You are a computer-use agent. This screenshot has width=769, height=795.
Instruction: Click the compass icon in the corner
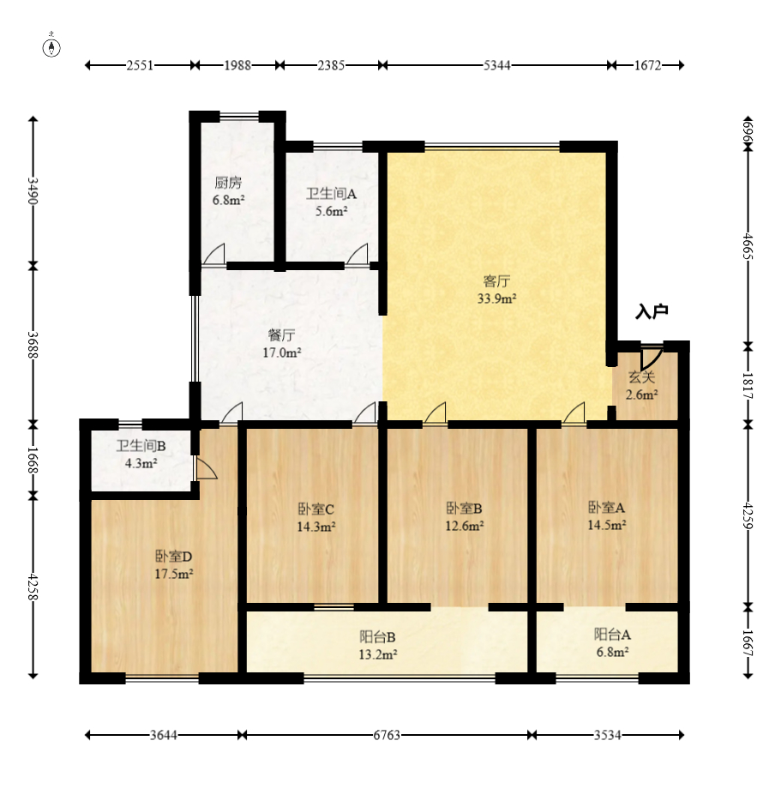coord(51,46)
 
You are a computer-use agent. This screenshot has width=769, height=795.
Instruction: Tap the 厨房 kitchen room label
coord(228,183)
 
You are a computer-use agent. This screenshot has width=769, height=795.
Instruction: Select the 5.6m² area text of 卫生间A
coord(332,212)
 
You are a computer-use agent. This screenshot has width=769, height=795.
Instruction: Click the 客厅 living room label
coord(496,281)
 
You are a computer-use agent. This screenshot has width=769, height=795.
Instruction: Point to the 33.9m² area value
coord(496,298)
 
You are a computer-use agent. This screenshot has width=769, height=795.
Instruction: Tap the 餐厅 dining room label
coord(282,334)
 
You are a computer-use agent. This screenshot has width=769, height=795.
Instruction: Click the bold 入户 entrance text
coord(652,311)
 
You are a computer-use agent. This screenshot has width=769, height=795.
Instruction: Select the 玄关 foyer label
coord(642,376)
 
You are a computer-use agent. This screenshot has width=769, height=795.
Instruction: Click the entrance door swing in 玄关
coord(651,359)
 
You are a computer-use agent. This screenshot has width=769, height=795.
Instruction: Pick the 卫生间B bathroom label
coord(141,446)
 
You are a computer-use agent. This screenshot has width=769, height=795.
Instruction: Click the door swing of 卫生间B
coord(207,468)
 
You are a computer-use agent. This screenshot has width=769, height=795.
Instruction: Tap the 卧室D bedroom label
coord(174,557)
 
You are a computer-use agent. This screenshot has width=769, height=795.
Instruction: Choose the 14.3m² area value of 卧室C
coord(315,527)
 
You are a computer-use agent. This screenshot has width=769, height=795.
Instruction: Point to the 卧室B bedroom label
coord(465,508)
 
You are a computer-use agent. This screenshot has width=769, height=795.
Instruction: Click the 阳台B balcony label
coord(378,637)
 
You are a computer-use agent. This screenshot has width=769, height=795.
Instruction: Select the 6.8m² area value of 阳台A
coord(613,652)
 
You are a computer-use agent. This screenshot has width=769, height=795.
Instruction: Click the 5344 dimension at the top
coord(496,65)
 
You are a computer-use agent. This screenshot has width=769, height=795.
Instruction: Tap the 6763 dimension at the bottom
coord(387,735)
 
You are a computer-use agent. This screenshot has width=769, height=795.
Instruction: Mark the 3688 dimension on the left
coord(33,345)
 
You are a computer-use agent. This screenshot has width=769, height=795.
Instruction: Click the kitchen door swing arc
coord(214,254)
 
